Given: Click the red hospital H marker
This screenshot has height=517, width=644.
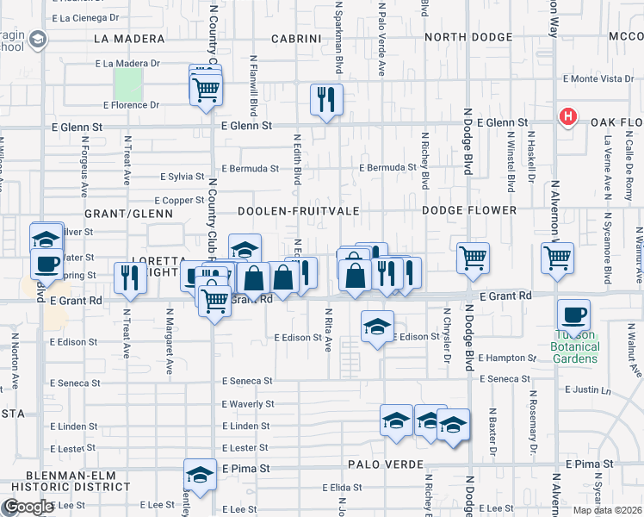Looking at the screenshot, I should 567,117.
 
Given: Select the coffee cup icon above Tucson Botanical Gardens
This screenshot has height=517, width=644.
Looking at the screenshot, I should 573,315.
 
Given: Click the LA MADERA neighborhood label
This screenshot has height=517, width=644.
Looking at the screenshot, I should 129,39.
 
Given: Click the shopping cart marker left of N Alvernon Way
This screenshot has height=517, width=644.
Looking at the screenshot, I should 558,256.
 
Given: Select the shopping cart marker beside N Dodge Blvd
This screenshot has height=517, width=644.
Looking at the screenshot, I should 473,258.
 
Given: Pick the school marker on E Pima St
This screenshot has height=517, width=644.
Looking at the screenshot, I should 200,475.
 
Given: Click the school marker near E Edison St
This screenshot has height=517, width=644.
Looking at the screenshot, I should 376,327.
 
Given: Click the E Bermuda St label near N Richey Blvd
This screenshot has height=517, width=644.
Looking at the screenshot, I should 387,168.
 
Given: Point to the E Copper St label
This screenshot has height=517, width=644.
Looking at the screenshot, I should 179,201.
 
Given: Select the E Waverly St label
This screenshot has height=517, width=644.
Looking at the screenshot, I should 248,403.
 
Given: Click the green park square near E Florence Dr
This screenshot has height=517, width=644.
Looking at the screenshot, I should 127,84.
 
